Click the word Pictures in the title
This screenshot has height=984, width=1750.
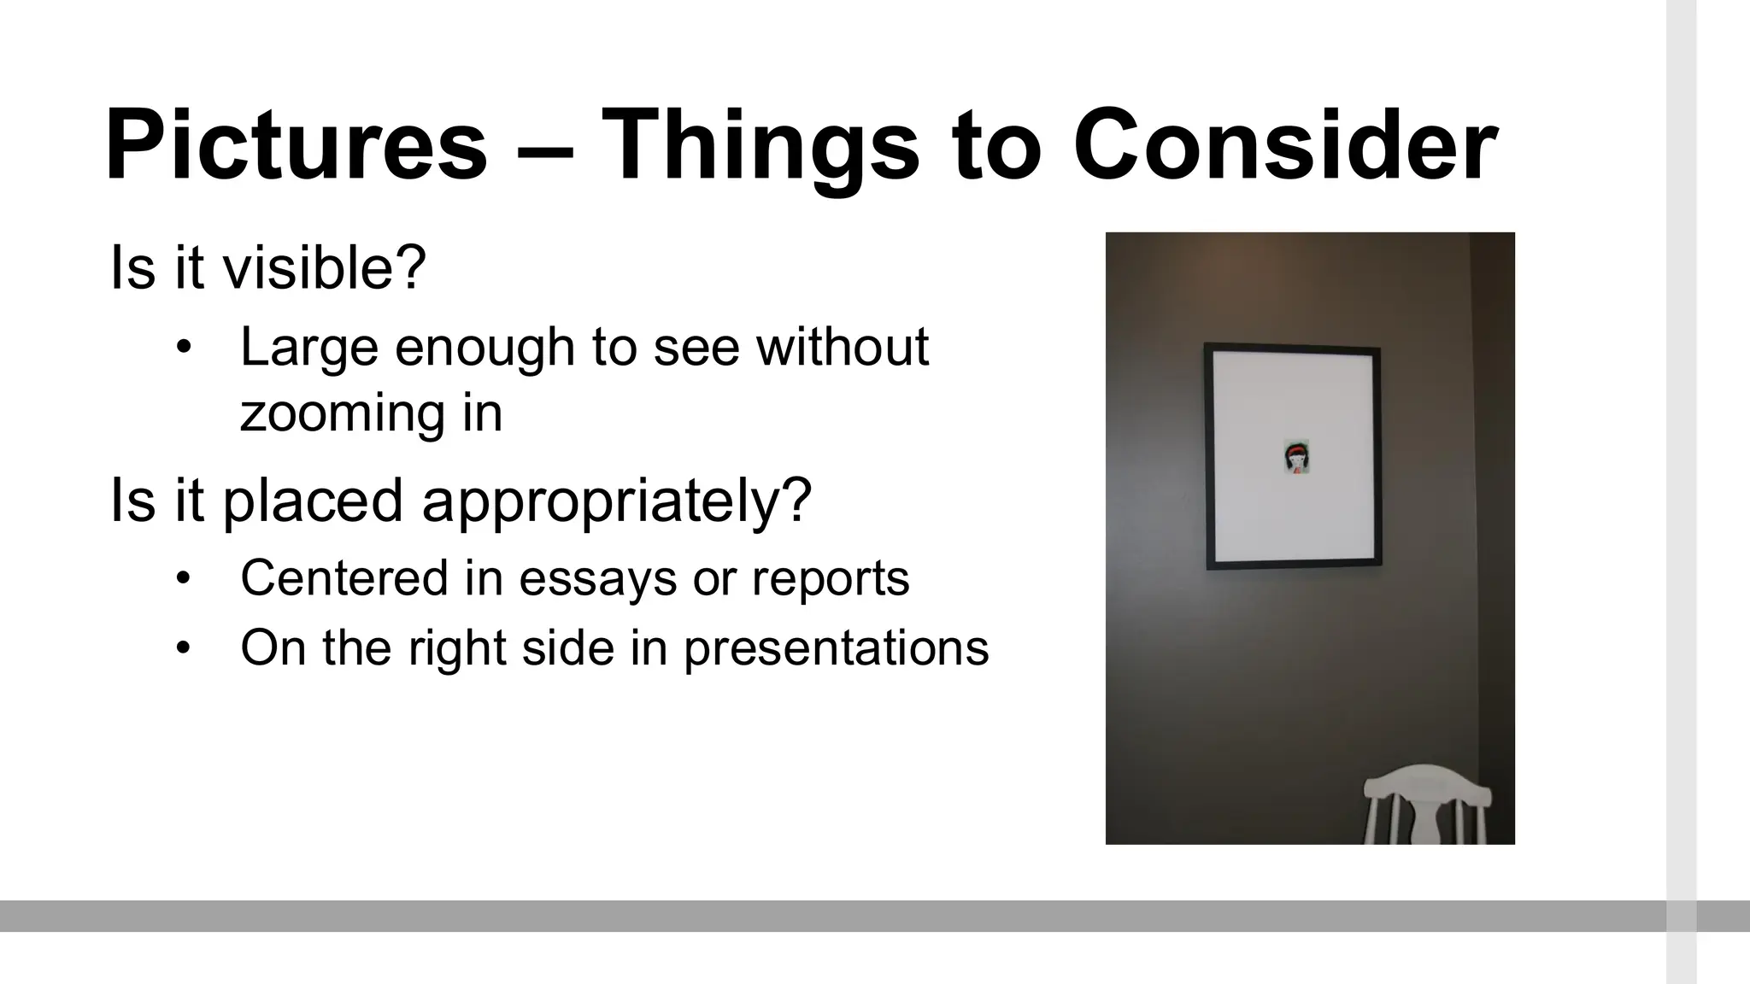point(296,145)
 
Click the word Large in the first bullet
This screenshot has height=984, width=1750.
point(308,348)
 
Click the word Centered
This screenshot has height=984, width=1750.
point(344,578)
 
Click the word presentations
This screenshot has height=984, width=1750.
point(836,649)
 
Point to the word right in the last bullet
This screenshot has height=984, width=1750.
point(457,649)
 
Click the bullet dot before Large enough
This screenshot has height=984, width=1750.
point(182,348)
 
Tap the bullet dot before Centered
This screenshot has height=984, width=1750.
point(182,579)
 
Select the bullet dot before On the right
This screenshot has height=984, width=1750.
point(182,648)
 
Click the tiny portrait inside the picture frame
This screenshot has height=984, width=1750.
point(1296,457)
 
